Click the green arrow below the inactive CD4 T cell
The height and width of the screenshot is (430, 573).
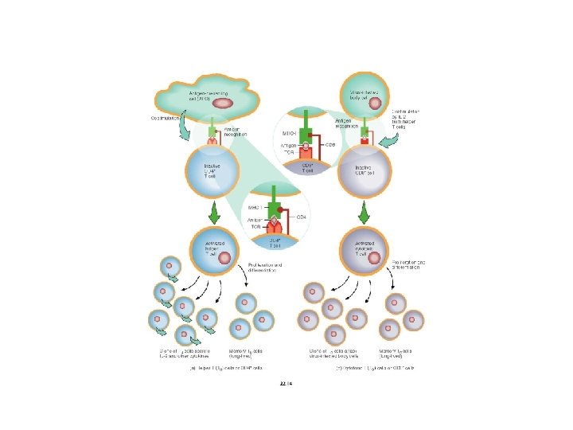[x=214, y=213]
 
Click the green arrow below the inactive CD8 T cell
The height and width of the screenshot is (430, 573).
[x=364, y=213]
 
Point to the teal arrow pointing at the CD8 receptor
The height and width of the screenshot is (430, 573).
[x=390, y=142]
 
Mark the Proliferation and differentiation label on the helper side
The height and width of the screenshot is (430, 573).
[x=261, y=268]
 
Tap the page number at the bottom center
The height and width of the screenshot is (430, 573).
[x=286, y=384]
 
